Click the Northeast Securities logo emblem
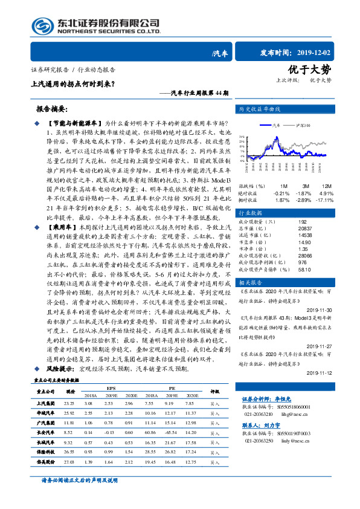coord(42,25)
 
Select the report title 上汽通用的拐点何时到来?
coord(72,84)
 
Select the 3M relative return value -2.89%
coord(303,200)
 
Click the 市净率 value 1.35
coord(303,249)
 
